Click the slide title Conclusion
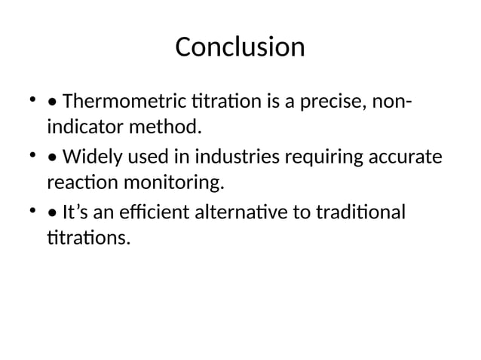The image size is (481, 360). (240, 47)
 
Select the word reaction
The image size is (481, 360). (78, 182)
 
